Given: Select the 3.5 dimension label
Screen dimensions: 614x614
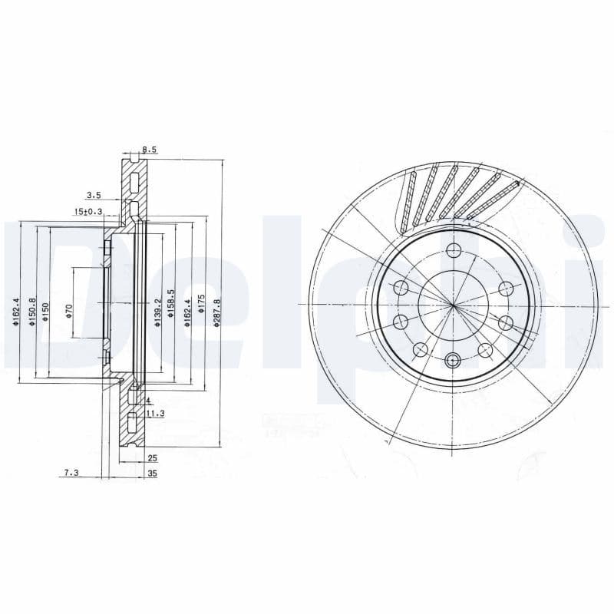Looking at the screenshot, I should pos(94,196).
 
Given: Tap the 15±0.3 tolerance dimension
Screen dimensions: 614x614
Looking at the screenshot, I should pos(88,211).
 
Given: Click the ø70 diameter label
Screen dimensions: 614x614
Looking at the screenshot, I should pos(68,311).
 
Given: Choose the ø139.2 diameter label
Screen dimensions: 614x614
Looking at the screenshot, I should pos(157,313).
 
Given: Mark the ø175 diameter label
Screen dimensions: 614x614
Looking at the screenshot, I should pos(201,302).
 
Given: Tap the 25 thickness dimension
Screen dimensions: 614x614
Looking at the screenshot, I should pos(152,458).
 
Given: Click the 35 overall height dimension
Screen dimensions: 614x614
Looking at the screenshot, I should pos(152,474).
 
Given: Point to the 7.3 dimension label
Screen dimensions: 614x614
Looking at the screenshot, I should pos(71,474).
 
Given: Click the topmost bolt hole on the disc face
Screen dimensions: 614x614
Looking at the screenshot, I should pos(453,250).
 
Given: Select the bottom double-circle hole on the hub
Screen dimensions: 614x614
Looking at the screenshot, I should pos(453,359).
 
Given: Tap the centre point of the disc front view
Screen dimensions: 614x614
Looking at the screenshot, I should pos(453,305).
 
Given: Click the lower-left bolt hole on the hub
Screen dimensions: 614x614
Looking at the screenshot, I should pos(420,350).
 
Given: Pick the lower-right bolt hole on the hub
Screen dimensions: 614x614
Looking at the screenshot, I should pos(484,350).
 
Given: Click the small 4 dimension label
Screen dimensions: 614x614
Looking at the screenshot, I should pos(147,401).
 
